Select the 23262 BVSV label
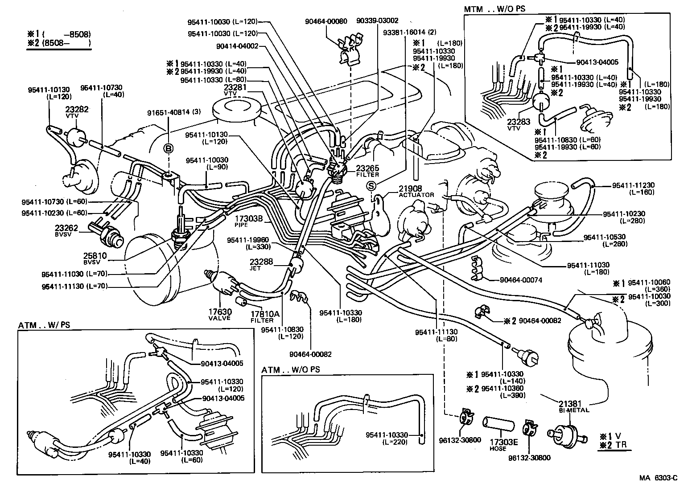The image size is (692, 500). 66,230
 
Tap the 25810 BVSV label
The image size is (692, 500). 95,258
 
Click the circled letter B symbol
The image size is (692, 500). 169,149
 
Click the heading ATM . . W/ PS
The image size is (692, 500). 45,325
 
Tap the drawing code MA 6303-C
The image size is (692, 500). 658,478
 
